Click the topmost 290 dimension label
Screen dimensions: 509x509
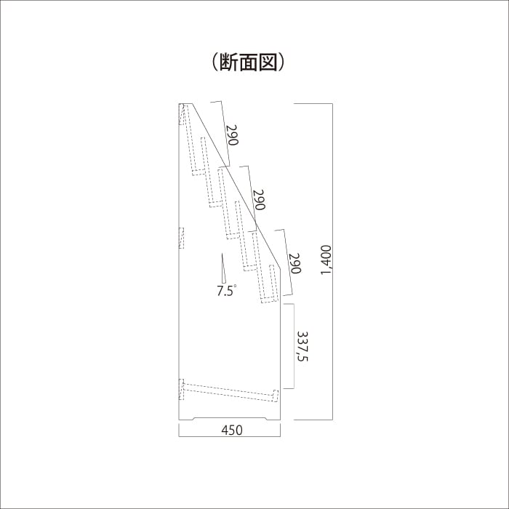[x=232, y=136]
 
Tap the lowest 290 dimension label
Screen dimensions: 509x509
[x=294, y=264]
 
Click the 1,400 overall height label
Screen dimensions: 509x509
[x=325, y=261]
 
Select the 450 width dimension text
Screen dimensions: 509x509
[x=231, y=430]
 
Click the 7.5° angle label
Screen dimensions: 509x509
[x=227, y=291]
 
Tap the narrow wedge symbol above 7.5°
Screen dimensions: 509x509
[x=223, y=268]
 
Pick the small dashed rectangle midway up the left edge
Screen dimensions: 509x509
[x=182, y=238]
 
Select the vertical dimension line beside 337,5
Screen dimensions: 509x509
[x=293, y=346]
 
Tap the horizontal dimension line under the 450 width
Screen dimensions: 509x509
[x=229, y=436]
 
